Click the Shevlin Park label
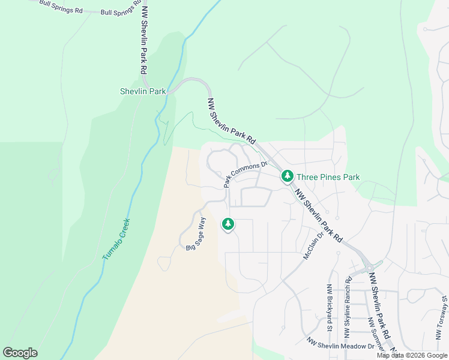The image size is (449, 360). (x=142, y=92)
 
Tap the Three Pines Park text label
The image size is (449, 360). (x=327, y=177)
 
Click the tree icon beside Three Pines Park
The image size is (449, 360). (x=288, y=176)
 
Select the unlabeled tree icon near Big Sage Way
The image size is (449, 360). (x=228, y=224)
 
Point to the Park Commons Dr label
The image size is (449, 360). (x=245, y=175)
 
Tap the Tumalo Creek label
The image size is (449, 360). (x=116, y=239)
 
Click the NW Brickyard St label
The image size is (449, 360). (x=330, y=307)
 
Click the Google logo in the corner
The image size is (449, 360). (x=20, y=353)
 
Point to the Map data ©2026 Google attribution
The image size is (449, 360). (x=412, y=355)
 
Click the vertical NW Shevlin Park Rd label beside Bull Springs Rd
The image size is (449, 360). (x=144, y=39)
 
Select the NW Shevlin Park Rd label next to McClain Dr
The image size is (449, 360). (x=318, y=215)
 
